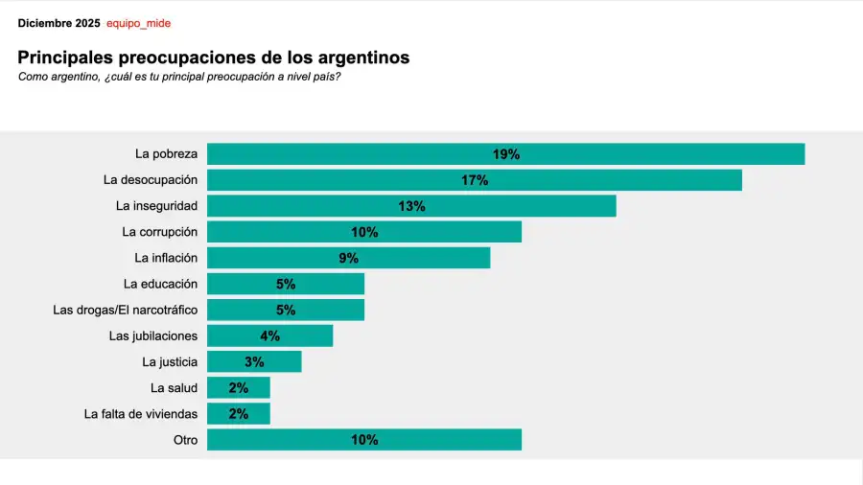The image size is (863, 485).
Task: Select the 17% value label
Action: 474,180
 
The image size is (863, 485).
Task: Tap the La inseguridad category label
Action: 156,206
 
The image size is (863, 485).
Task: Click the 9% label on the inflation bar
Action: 348,258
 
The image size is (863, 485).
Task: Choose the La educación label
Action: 160,284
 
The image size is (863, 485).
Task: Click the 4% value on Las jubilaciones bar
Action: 269,335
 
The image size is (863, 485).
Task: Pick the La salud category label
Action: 174,387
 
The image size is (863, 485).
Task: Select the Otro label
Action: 184,440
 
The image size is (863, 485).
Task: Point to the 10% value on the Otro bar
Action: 364,440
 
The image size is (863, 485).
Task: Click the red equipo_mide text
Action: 138,23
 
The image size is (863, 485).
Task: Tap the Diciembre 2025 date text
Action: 58,23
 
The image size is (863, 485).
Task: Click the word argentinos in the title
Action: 361,58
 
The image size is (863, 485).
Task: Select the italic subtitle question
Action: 179,77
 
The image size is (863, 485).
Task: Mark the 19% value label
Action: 505,154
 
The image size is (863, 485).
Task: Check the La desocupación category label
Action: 151,180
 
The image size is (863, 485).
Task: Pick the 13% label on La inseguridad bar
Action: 411,206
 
